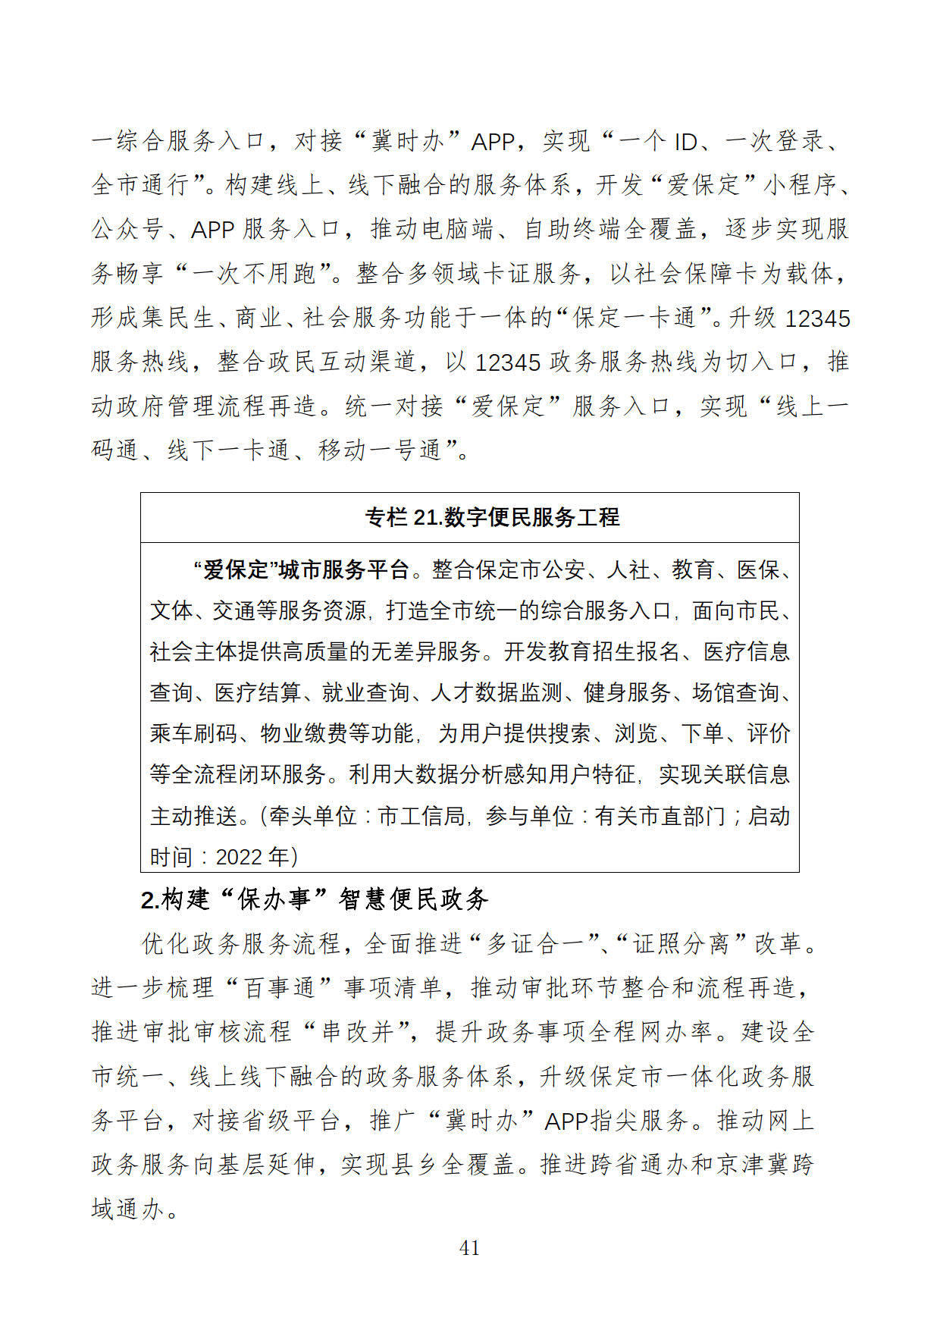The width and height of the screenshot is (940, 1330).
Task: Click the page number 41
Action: pos(469,1247)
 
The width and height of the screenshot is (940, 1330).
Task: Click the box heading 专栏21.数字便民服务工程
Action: pos(492,517)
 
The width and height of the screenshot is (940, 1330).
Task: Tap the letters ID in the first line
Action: pos(685,142)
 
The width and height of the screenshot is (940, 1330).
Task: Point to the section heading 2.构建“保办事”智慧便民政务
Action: pos(315,899)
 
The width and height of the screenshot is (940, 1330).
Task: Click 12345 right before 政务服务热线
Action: pos(507,362)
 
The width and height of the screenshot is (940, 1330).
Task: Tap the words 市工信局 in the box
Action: pos(421,816)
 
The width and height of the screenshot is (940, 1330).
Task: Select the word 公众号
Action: pos(127,230)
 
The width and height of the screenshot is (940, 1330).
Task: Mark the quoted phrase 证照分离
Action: pos(681,943)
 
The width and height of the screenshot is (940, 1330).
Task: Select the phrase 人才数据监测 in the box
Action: pos(496,692)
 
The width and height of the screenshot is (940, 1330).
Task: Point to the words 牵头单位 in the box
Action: pos(312,816)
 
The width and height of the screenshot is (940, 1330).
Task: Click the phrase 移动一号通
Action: pos(379,450)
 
